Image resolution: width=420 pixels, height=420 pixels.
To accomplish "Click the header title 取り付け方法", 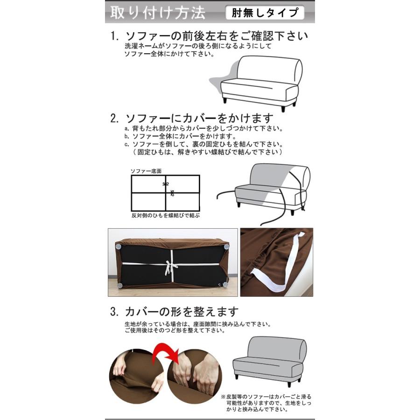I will [x=157, y=13].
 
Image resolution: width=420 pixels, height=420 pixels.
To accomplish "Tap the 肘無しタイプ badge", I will [x=264, y=13].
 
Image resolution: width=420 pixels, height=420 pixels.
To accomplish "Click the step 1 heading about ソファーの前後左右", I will [x=210, y=36].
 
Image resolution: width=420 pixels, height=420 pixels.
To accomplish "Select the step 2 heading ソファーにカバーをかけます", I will [x=192, y=118].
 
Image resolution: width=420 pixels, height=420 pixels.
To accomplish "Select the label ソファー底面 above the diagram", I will [x=146, y=171].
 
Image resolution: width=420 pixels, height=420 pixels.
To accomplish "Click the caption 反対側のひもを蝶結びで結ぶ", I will [x=166, y=216].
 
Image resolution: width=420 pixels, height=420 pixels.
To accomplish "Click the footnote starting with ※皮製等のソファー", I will [x=266, y=402].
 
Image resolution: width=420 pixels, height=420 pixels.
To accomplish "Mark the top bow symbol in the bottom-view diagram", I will [x=165, y=184].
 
